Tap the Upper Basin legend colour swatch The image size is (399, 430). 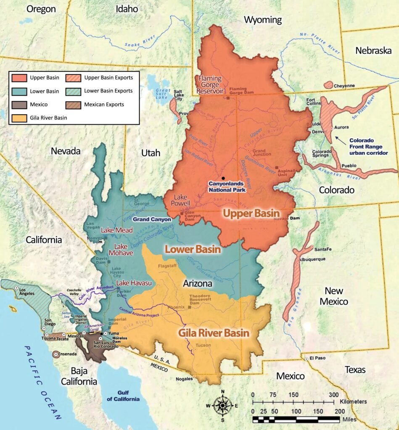coord(20,78)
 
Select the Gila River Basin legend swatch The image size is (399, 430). coord(20,118)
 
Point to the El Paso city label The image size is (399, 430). coord(318,358)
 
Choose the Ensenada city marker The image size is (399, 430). coord(55,354)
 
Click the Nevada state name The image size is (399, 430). coord(66,151)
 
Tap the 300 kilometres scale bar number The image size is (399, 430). coord(333,395)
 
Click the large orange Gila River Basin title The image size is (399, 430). coord(214,333)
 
